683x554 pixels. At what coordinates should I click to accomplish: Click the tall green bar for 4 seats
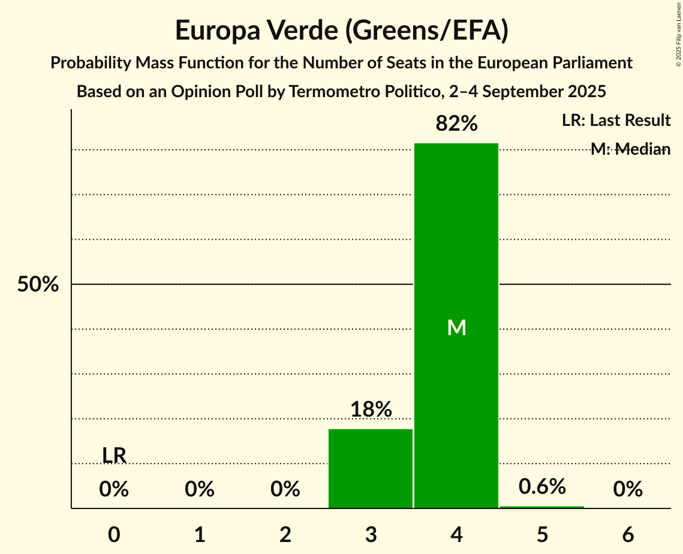[456, 252]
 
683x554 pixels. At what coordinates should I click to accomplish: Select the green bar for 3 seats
[371, 468]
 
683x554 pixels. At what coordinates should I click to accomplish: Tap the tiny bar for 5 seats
[542, 507]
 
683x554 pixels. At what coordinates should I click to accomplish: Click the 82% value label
[456, 124]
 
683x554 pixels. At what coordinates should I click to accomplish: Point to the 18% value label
[371, 410]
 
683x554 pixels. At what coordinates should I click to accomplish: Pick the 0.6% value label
[542, 486]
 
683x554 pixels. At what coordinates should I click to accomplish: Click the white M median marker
[456, 327]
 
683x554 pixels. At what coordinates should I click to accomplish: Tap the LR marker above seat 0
[114, 456]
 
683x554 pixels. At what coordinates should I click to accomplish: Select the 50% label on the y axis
[38, 285]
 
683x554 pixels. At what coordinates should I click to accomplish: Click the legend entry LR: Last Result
[616, 121]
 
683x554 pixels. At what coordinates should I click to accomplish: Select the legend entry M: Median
[630, 149]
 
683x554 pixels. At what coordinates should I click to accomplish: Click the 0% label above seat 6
[628, 490]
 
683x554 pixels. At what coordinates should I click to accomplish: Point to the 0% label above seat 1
[200, 490]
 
